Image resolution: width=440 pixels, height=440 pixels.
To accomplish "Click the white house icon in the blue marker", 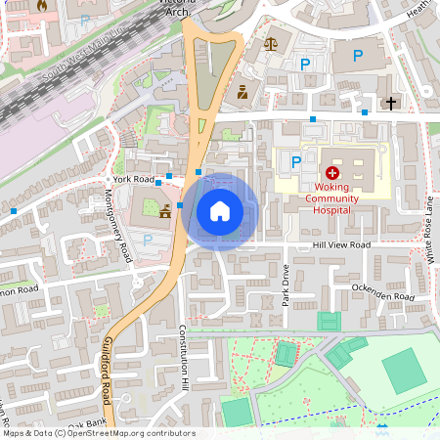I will [220, 211].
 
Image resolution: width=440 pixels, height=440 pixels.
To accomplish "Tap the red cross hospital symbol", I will [331, 171].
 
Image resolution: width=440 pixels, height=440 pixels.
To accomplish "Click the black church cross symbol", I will [391, 103].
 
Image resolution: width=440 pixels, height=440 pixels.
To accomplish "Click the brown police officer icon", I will [242, 94].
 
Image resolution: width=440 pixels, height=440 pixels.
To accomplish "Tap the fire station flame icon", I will [41, 6].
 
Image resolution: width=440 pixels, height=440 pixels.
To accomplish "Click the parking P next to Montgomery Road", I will [148, 240].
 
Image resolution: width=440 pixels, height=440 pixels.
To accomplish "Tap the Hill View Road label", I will [341, 244].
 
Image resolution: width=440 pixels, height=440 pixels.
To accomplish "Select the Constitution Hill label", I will [182, 356].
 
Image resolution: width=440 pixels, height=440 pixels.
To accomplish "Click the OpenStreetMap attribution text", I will [98, 433].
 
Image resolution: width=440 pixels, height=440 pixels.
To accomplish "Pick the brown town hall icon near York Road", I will [165, 210].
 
